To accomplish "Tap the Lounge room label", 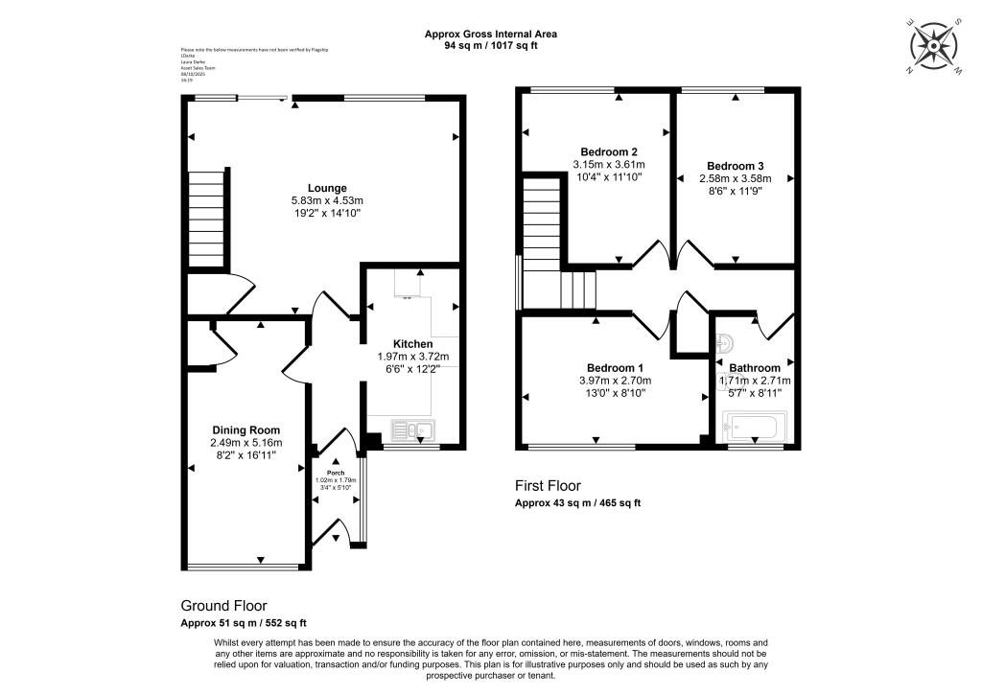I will (327, 188).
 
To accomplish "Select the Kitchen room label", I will (413, 343).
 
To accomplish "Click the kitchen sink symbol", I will (414, 430).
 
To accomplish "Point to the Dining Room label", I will (246, 430).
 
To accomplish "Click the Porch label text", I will (336, 473).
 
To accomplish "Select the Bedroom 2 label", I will (609, 151).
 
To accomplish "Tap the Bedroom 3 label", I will (735, 165).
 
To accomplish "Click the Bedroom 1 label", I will (615, 367).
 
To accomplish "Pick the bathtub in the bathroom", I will (756, 426).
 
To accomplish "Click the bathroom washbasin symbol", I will (726, 341).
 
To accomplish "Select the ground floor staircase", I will (205, 220).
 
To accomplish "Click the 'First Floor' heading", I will (548, 486).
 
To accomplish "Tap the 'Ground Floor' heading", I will (223, 606).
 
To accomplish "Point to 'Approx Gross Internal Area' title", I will (491, 34).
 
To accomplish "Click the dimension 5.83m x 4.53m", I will (327, 200).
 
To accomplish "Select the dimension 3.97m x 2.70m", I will (615, 380).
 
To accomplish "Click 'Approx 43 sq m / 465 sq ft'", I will (577, 503).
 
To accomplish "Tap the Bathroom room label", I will (755, 367).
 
